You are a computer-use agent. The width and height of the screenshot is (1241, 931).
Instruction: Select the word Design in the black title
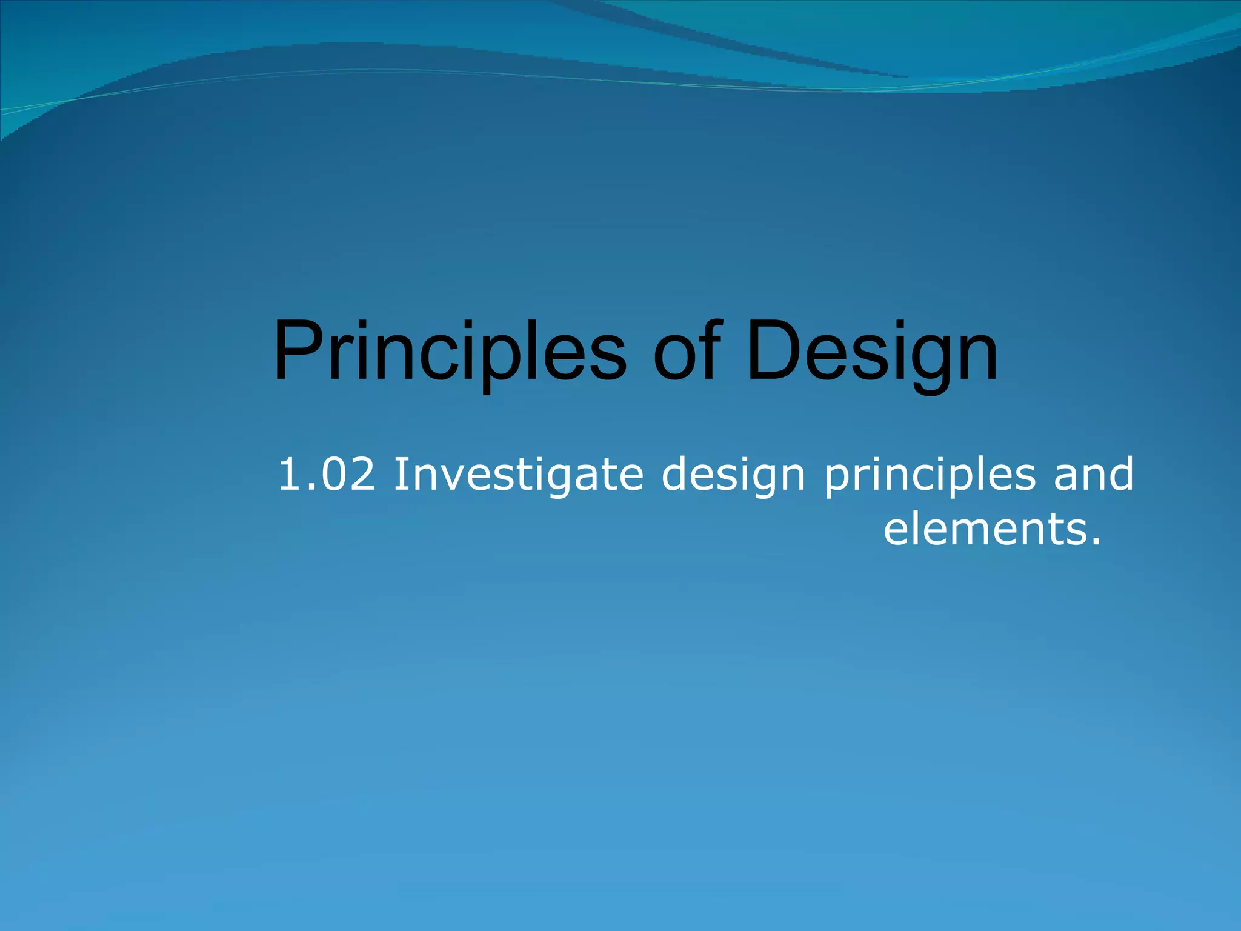pos(872,354)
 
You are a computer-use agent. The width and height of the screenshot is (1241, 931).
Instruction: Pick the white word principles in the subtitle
pos(930,476)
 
